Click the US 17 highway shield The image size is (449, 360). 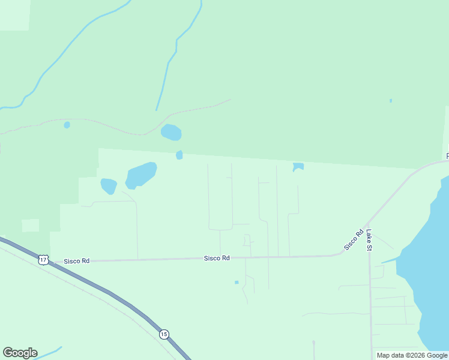point(43,260)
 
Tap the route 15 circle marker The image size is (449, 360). point(164,334)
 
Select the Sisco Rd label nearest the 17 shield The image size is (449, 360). point(77,261)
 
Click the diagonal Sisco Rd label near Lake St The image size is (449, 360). point(354,240)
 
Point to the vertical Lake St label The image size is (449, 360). point(370,240)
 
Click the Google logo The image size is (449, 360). point(20,353)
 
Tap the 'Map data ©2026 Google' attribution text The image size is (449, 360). point(411,355)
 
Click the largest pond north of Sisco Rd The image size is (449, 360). point(141,175)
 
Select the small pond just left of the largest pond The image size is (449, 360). point(109,186)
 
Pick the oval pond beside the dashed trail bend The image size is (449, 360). point(171,132)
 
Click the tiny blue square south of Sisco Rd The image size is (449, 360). point(237,282)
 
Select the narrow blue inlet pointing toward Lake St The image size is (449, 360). point(389,260)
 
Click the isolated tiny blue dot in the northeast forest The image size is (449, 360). point(391,100)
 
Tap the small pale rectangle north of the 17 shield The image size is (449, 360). point(31,225)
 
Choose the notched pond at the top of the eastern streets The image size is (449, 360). point(298,166)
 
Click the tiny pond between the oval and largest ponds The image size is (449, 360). point(179,155)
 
